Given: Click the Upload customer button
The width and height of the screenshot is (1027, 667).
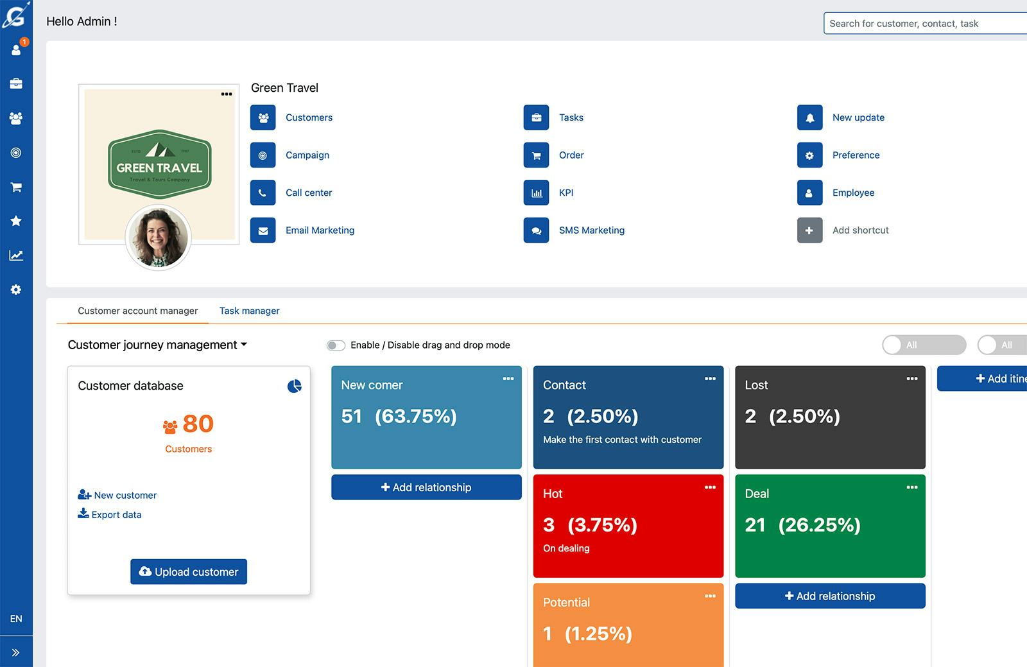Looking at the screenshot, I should click(189, 571).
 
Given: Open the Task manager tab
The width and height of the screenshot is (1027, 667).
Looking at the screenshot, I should click(249, 311).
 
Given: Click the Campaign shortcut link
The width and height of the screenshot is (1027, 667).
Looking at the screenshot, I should click(307, 155).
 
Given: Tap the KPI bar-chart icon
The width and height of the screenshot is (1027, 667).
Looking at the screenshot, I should click(537, 193).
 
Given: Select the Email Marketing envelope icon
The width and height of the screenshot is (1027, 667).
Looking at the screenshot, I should click(263, 230).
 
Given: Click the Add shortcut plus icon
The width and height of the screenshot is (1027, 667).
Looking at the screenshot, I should click(809, 230).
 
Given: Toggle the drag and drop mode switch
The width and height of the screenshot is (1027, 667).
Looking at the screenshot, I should click(336, 345).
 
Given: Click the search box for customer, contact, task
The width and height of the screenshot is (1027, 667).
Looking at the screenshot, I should click(924, 24).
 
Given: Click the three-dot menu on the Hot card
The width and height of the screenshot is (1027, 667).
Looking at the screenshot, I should click(710, 487).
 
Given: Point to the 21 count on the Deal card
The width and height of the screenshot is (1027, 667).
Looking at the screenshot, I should click(755, 525).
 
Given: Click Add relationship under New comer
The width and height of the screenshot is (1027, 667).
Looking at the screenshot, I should click(426, 487).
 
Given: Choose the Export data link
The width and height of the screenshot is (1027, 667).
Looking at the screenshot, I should click(116, 515).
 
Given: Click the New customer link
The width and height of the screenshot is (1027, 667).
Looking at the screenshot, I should click(125, 496).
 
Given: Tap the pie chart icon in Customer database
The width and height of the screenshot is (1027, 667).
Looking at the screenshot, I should click(294, 386).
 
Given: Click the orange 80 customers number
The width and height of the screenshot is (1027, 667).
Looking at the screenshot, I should click(198, 424).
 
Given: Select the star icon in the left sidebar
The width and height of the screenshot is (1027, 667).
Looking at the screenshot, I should click(16, 221).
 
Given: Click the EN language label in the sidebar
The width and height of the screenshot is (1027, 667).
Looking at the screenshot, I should click(16, 619).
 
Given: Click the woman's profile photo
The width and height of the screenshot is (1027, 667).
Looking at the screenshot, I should click(159, 237).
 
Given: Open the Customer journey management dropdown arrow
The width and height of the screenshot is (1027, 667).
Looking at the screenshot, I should click(244, 345).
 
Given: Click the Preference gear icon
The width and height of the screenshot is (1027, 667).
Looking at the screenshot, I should click(809, 155).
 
